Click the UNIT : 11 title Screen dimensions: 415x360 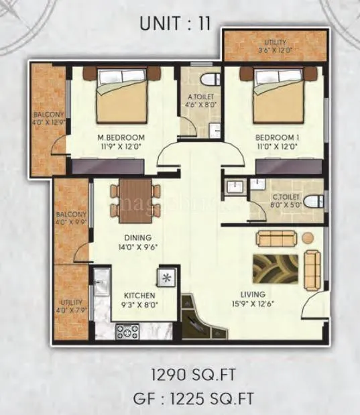tap(175, 24)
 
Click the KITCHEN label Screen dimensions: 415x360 tap(140, 295)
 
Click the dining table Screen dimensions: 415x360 tap(135, 200)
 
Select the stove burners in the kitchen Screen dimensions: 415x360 tap(127, 331)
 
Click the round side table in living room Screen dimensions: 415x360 tap(307, 237)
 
